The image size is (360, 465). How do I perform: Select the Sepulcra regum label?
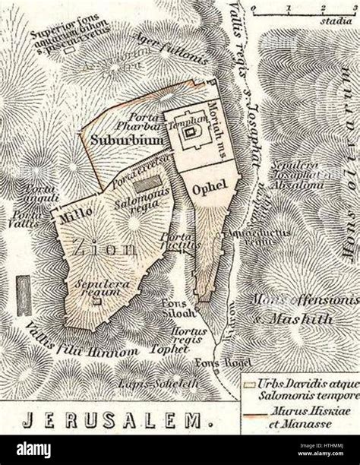click(x=99, y=287)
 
